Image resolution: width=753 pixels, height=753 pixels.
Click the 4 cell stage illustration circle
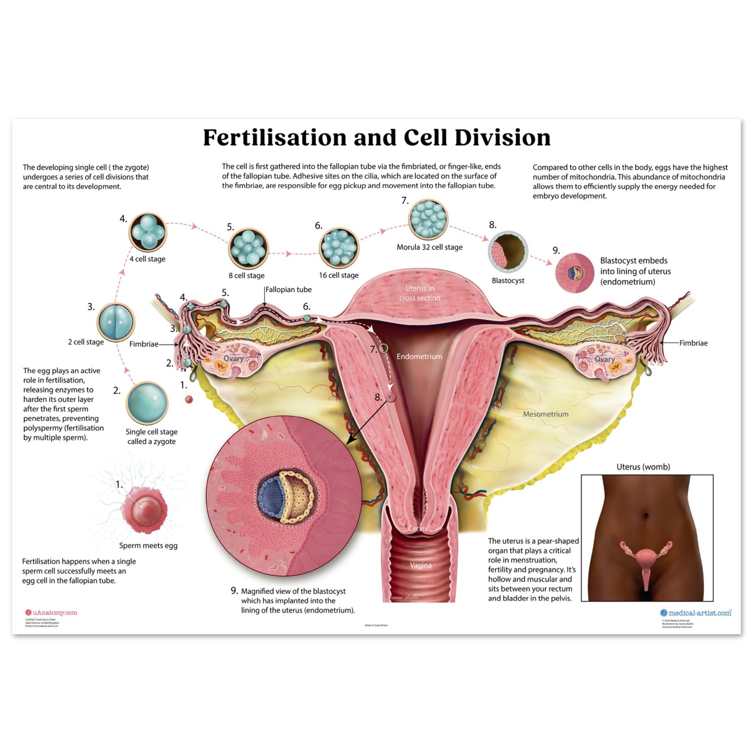(x=148, y=232)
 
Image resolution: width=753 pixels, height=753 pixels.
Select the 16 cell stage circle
(x=339, y=247)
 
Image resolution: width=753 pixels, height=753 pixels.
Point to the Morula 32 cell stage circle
(x=428, y=219)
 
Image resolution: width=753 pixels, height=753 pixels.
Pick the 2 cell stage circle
(x=115, y=322)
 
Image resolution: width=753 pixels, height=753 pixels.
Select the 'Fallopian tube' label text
(x=288, y=289)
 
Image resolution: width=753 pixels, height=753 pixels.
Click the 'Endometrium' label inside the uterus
(x=419, y=356)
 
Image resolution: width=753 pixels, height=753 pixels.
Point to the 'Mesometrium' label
(x=546, y=414)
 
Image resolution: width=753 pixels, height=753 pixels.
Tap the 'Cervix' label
(x=418, y=529)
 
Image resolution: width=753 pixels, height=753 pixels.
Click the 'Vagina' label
(x=421, y=565)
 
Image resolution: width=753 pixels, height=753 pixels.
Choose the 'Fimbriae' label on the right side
(x=693, y=343)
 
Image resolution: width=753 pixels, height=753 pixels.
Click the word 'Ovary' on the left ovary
(x=233, y=358)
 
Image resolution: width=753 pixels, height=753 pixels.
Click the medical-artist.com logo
(x=696, y=613)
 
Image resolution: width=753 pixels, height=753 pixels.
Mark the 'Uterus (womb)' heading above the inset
(x=643, y=467)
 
